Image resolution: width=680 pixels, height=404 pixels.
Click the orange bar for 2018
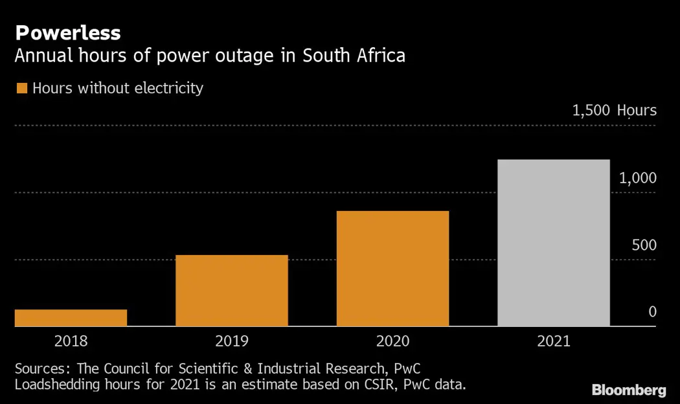[x=71, y=318]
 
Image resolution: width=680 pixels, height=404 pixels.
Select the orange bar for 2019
[x=232, y=291]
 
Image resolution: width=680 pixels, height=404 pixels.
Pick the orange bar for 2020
[x=392, y=269]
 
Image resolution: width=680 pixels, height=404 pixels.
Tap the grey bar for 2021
[x=554, y=243]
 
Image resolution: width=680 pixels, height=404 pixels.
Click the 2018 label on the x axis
[x=71, y=341]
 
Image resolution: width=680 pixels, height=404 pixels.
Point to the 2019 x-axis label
[x=232, y=341]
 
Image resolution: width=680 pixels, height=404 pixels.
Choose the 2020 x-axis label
[x=392, y=341]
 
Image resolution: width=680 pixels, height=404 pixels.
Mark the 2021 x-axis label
[x=554, y=341]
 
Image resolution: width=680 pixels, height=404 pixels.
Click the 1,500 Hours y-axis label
[x=614, y=111]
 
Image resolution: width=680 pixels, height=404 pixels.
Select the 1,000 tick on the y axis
[x=638, y=178]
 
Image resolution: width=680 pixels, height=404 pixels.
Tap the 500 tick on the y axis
[x=644, y=245]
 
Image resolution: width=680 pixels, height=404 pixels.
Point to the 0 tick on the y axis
[x=652, y=312]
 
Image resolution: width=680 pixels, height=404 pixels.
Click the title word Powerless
[x=67, y=33]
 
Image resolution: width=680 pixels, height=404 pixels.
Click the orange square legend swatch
[x=21, y=89]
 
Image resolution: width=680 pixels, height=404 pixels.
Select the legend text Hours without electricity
[x=118, y=88]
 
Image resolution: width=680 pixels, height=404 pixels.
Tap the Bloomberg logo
[x=629, y=390]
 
